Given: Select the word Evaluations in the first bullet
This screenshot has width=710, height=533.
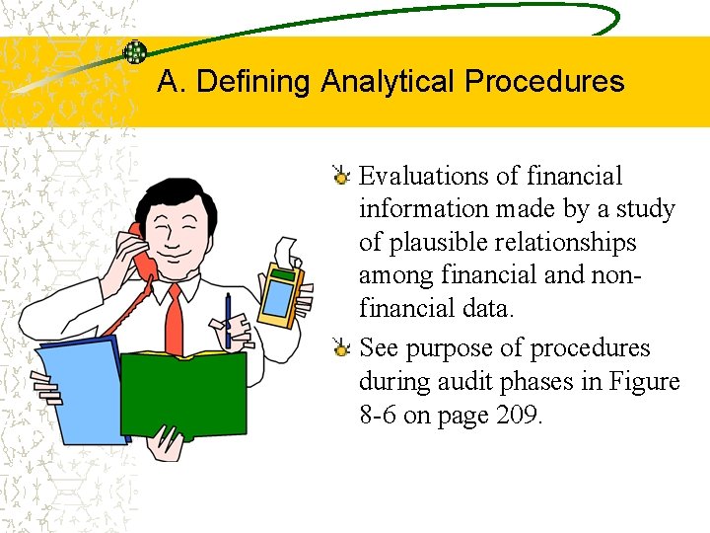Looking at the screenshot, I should pos(424,177).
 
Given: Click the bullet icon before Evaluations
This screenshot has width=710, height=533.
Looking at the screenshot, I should pos(341,177).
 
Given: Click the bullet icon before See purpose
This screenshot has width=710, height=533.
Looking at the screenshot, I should pos(341,348).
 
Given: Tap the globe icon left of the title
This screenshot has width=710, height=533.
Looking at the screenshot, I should pos(134,52).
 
